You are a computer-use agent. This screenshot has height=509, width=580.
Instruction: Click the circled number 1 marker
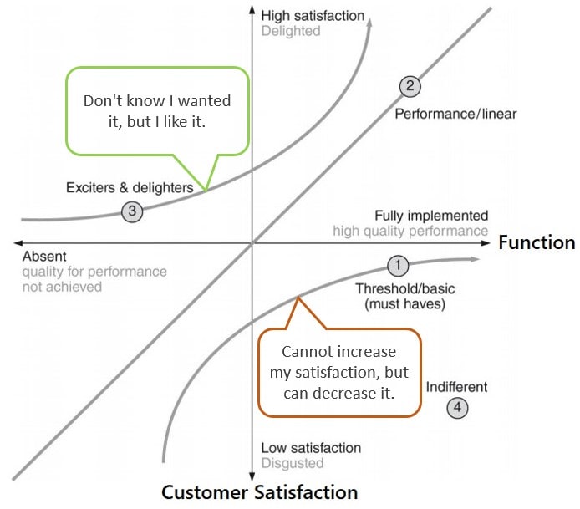coord(398,267)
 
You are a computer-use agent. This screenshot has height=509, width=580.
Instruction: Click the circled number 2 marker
coord(409,85)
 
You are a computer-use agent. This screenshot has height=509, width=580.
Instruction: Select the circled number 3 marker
coord(131,211)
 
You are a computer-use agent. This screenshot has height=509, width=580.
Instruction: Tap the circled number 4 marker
coord(456,408)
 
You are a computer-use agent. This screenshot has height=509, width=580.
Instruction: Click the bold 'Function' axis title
coord(537,243)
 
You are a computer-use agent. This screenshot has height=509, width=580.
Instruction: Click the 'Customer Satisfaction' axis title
coord(259,492)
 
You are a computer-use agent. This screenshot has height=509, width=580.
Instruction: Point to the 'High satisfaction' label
coord(313,15)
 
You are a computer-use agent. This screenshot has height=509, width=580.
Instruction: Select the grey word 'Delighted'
coord(290,32)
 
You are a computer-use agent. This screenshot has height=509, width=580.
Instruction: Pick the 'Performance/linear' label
coord(455,114)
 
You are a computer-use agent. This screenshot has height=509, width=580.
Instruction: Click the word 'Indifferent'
coord(456,387)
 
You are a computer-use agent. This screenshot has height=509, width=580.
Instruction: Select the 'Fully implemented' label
coord(431,216)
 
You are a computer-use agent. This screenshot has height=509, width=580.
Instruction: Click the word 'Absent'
coord(44,257)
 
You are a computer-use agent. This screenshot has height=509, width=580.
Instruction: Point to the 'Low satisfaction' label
coord(311,448)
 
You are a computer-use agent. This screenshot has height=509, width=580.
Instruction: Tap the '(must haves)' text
coord(405,304)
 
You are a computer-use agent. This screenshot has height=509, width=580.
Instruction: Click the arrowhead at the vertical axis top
coord(252,11)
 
